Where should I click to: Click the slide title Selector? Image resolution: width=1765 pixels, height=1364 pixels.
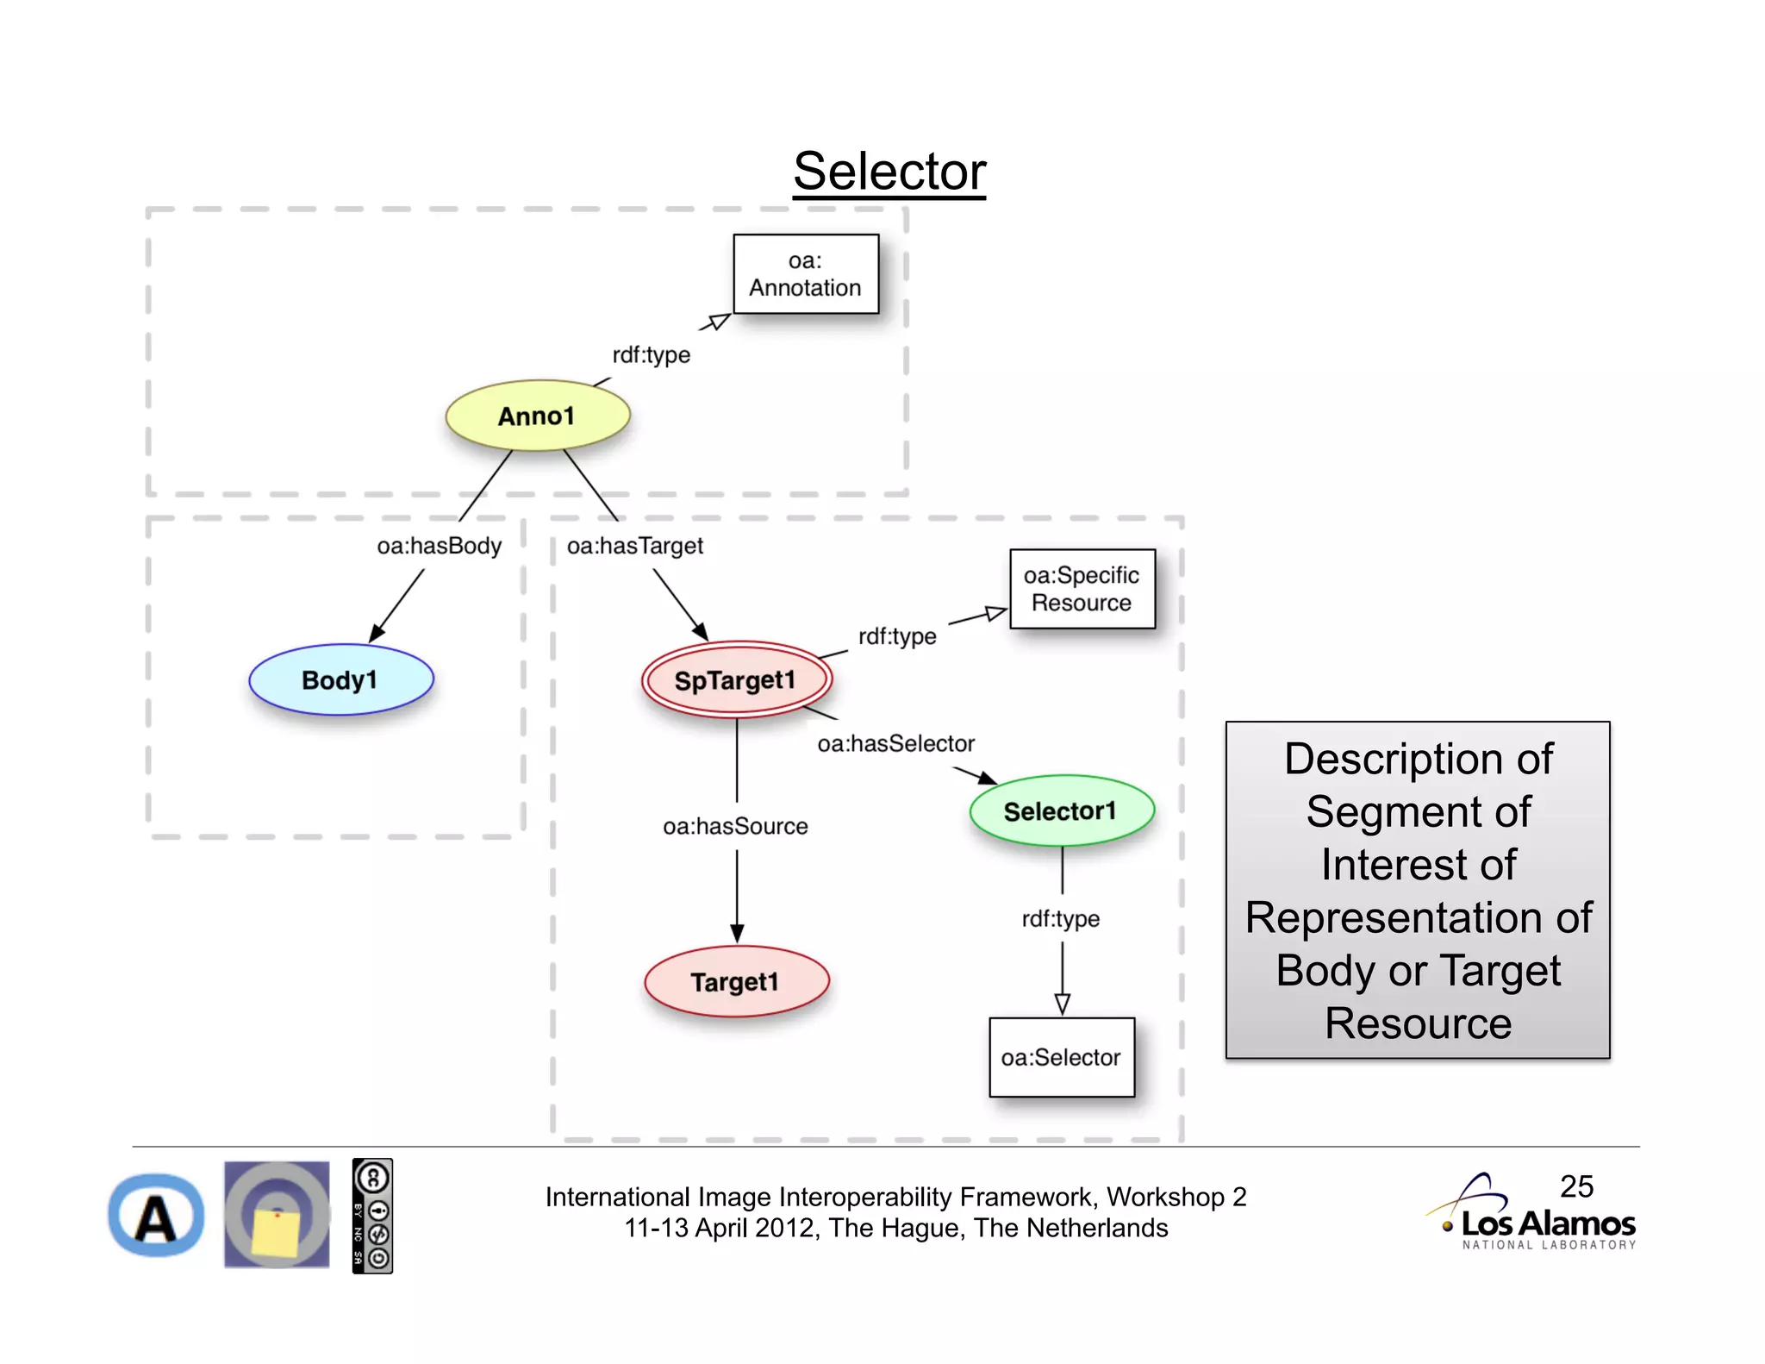click(889, 172)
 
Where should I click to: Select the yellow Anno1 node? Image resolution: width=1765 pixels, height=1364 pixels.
click(537, 416)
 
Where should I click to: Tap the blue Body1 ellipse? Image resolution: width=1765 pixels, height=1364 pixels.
click(340, 679)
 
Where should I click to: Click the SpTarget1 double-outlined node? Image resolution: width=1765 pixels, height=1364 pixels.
click(735, 679)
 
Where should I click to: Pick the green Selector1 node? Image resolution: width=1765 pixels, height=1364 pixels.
click(1061, 810)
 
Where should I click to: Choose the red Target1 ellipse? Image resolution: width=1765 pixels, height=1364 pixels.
click(735, 981)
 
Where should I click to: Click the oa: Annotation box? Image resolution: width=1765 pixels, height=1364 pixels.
click(805, 274)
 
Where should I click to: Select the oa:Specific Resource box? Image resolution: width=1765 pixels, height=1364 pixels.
click(1082, 589)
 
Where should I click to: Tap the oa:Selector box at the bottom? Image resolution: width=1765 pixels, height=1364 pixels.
click(1061, 1057)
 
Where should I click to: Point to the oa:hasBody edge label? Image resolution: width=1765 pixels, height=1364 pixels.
click(439, 546)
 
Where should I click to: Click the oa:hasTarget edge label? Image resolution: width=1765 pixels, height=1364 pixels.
click(635, 546)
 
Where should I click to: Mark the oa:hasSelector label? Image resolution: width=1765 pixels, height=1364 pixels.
click(895, 743)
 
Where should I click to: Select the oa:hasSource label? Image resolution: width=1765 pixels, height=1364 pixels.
click(735, 826)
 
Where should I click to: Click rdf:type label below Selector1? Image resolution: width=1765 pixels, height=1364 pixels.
click(1061, 918)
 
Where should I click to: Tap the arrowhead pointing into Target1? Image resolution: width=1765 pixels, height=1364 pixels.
click(737, 934)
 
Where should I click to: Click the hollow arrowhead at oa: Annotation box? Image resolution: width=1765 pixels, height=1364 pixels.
click(717, 322)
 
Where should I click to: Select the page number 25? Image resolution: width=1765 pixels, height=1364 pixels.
click(1576, 1186)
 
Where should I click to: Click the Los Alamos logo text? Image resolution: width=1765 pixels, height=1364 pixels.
click(1548, 1223)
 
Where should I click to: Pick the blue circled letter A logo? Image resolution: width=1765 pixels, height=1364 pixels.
click(156, 1216)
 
